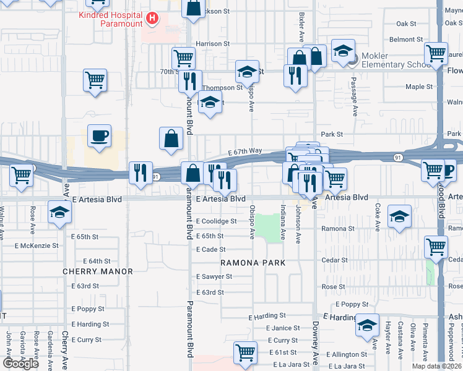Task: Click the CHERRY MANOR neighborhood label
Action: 98,271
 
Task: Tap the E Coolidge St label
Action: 216,221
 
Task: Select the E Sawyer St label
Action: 214,276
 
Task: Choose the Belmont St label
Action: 406,40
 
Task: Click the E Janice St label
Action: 283,328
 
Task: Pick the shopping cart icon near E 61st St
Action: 246,352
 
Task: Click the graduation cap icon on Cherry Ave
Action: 59,212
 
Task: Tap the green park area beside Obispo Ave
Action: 268,228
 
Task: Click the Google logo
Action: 21,364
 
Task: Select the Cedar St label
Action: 334,260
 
